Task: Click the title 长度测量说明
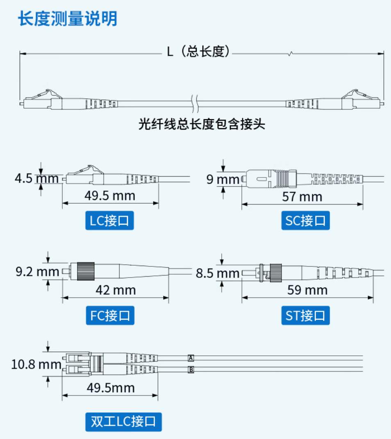[68, 19]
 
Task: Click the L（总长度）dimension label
[198, 52]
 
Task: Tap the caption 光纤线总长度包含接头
[202, 124]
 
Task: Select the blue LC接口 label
[109, 221]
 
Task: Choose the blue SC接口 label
[305, 221]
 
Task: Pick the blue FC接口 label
[110, 316]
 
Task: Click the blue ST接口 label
[305, 316]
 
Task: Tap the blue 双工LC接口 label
[123, 422]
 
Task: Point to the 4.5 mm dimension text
[36, 178]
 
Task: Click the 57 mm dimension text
[302, 196]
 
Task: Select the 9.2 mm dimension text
[37, 272]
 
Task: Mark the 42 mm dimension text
[116, 290]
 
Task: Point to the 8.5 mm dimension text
[218, 273]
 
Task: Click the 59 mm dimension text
[307, 290]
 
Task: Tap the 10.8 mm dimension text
[36, 364]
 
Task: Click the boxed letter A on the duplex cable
[191, 358]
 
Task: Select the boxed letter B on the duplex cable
[191, 370]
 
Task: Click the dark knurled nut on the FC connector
[86, 271]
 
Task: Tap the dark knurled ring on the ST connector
[276, 273]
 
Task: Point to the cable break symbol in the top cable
[195, 104]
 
